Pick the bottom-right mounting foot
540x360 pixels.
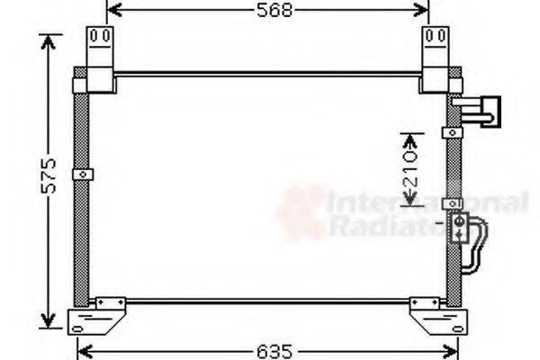pos(438,317)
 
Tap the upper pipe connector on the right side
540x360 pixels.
pos(478,111)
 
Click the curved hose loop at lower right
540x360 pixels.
pos(474,244)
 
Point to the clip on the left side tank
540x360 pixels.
pos(83,174)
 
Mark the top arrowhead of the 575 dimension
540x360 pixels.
pos(50,41)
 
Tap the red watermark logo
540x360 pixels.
pos(301,212)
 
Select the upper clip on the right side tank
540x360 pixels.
pos(452,133)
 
